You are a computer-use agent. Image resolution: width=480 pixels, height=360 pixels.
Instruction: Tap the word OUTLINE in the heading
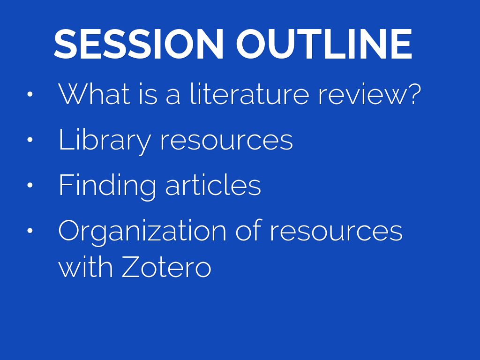(x=324, y=44)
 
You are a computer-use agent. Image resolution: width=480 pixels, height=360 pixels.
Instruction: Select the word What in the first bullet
(x=94, y=94)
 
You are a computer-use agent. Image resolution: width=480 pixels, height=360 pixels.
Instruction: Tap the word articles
(x=213, y=185)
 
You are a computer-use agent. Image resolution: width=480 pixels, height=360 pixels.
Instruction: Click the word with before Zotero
(x=85, y=266)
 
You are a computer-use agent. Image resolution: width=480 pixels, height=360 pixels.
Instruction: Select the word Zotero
(x=166, y=266)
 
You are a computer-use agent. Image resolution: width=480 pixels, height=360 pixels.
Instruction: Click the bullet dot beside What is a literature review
(x=30, y=94)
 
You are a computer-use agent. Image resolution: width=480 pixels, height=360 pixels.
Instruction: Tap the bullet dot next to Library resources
(x=30, y=140)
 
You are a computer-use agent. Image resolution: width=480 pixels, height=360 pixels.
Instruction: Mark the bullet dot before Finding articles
(x=30, y=185)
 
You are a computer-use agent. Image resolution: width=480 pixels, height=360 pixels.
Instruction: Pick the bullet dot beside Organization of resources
(x=30, y=231)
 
